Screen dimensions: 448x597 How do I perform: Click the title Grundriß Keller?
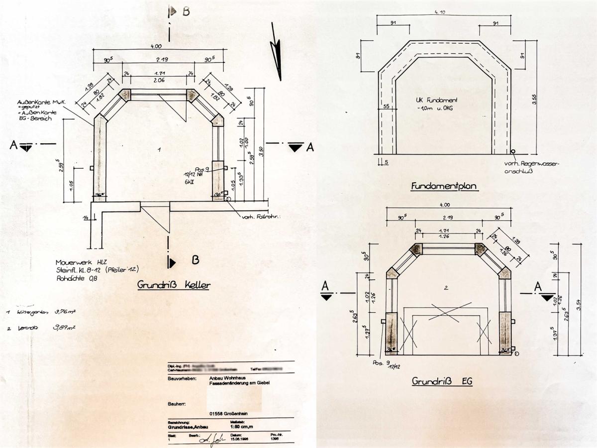click(173, 285)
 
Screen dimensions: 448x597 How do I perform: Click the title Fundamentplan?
click(444, 187)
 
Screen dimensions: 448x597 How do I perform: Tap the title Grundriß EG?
click(442, 382)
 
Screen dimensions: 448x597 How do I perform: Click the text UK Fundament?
click(436, 101)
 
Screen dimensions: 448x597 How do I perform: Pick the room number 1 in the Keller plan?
click(159, 149)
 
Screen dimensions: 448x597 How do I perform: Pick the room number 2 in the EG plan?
click(446, 288)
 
